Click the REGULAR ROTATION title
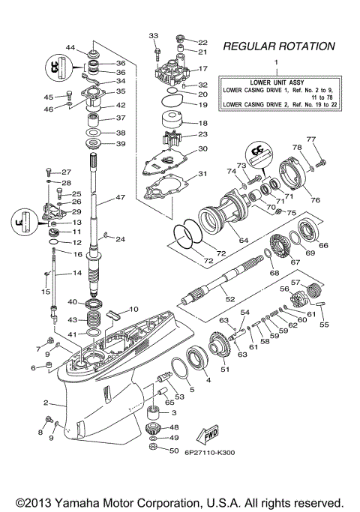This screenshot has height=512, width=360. (x=278, y=46)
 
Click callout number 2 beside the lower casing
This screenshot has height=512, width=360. (x=46, y=403)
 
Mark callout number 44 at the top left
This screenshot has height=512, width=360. (x=70, y=48)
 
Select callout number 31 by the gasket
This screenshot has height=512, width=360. (x=202, y=175)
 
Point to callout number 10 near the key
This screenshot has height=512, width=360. (x=134, y=310)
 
